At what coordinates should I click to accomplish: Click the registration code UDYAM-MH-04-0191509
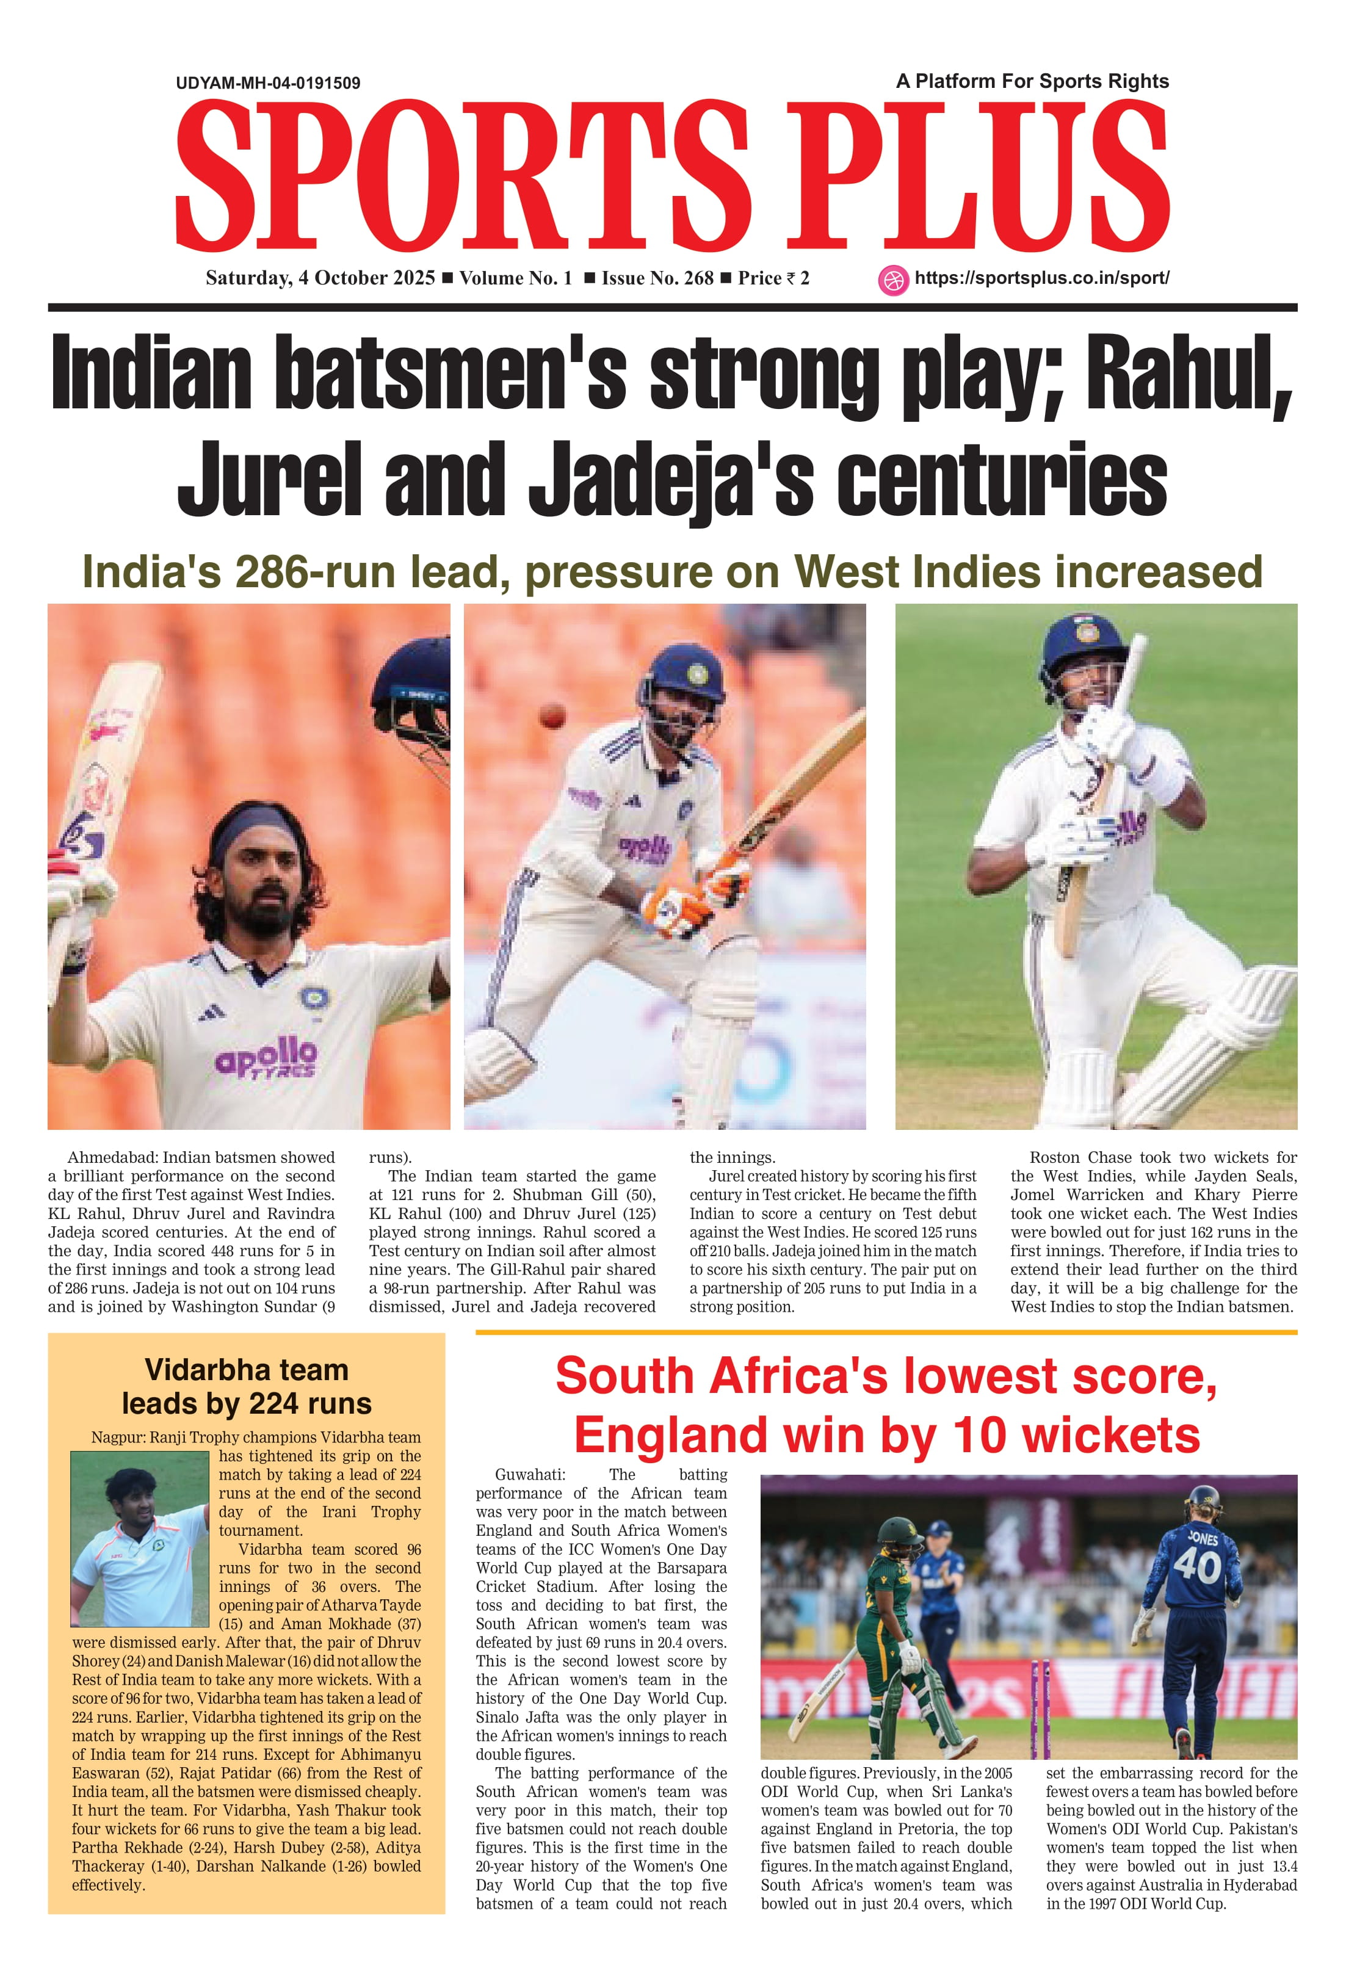[268, 83]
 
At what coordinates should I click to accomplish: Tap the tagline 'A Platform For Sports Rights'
[1032, 81]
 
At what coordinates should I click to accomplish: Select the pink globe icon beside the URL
[892, 280]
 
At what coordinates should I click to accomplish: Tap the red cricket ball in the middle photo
[552, 716]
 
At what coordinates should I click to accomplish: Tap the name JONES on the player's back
[1203, 1538]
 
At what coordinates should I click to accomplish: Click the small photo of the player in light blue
[139, 1549]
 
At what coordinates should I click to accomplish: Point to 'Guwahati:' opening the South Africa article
[530, 1474]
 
